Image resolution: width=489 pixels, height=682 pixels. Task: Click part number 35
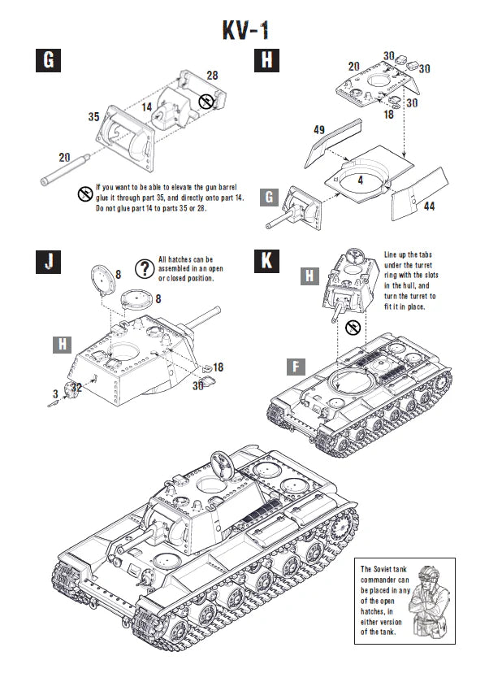(x=93, y=117)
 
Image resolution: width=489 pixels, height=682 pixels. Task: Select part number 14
(x=147, y=106)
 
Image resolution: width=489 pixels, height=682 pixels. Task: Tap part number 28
(x=212, y=75)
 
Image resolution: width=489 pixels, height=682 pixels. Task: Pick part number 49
(x=319, y=129)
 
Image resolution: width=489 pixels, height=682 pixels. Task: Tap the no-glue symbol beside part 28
(x=207, y=102)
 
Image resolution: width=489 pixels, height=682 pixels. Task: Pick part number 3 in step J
(x=55, y=394)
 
